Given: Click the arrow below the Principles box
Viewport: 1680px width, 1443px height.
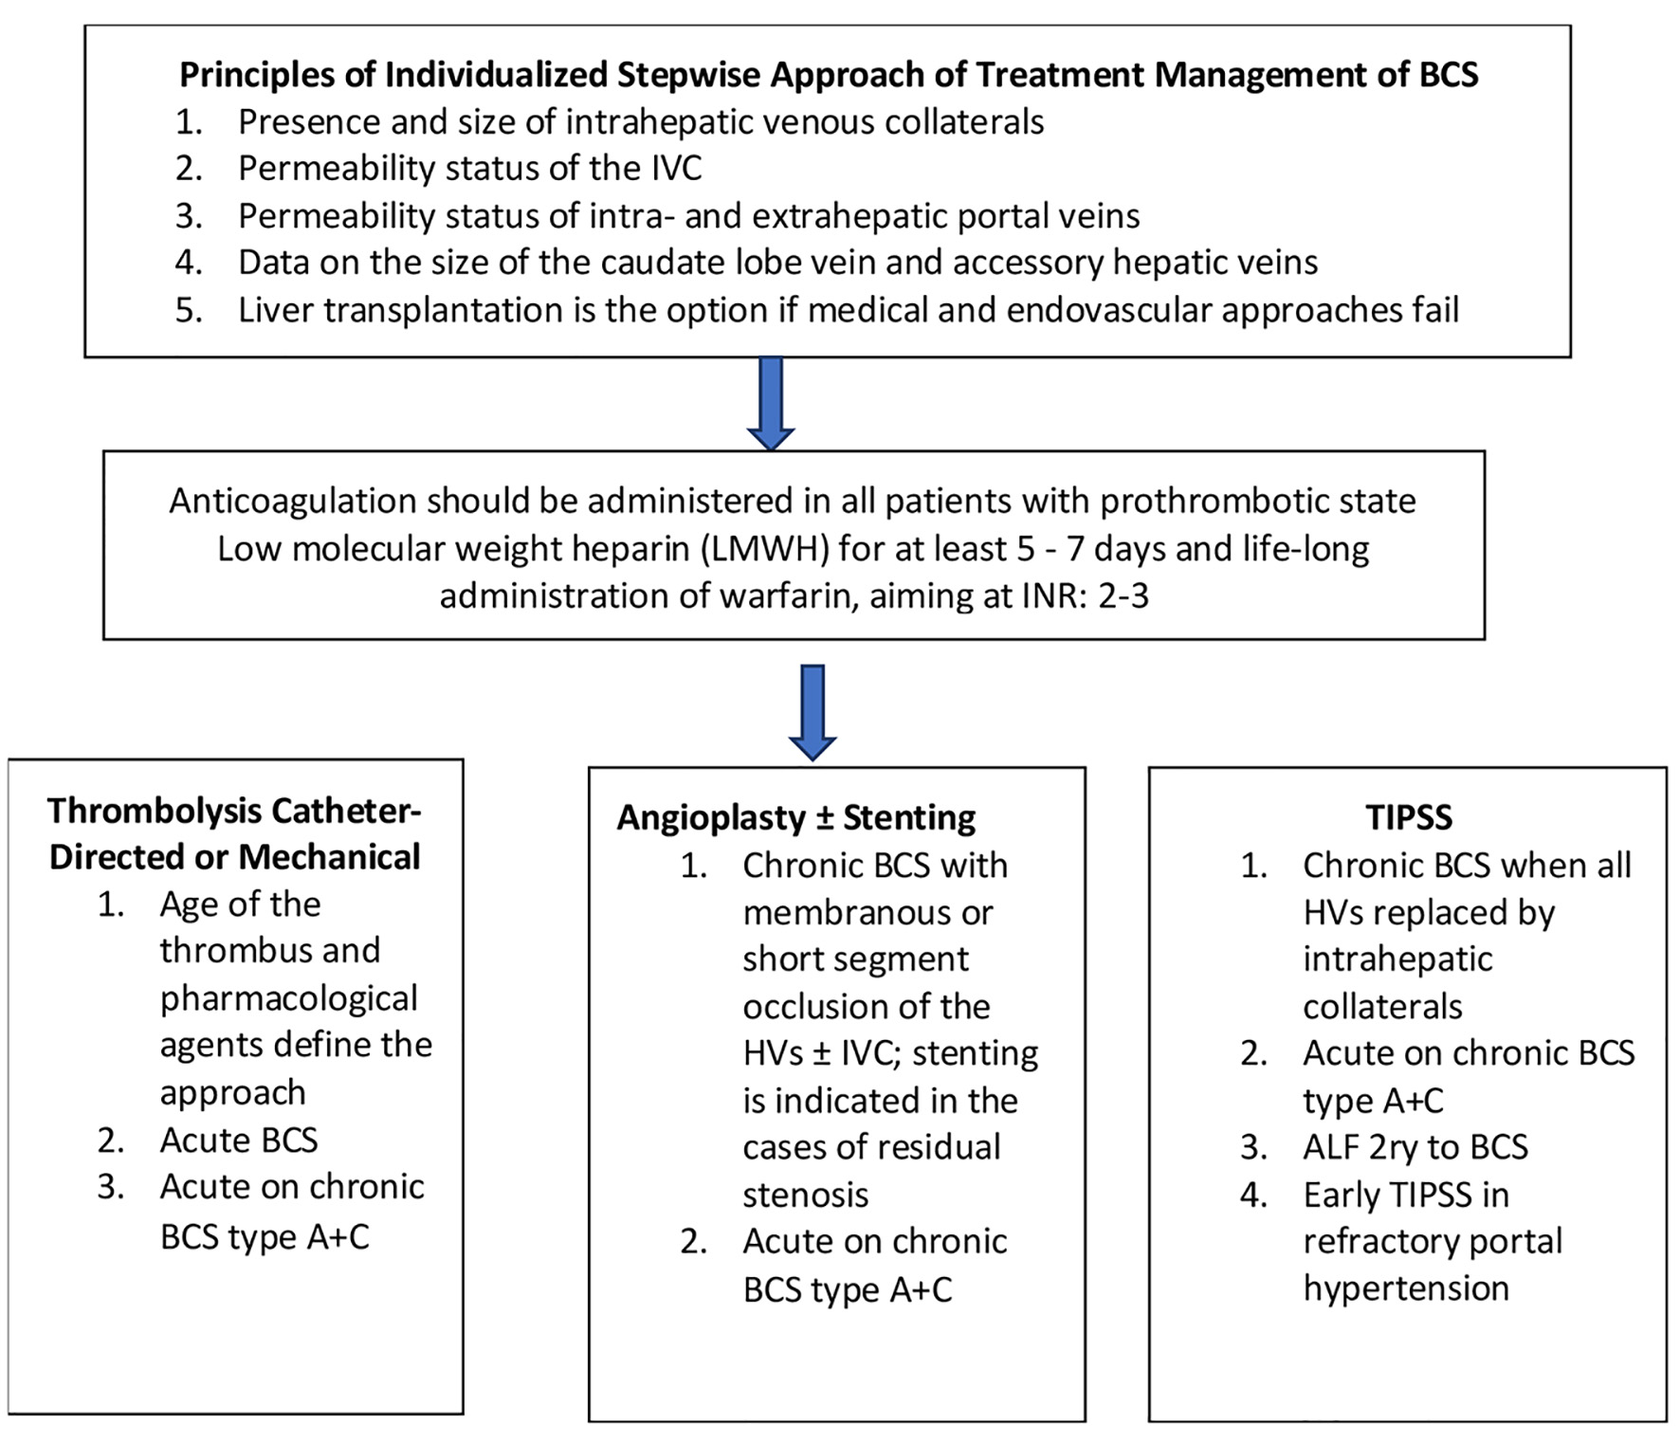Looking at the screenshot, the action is [771, 403].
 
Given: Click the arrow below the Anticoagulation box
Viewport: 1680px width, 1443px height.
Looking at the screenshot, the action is [813, 712].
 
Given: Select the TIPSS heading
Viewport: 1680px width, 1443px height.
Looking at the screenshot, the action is [1409, 817].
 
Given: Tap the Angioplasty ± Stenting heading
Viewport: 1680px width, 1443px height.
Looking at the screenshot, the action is [796, 817].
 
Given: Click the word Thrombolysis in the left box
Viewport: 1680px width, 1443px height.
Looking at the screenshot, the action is [155, 812].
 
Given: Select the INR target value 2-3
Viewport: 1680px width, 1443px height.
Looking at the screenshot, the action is [1123, 596].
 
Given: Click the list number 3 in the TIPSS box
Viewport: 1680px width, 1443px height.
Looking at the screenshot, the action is [1253, 1148].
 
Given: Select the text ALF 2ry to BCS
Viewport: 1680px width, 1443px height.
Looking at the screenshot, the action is [1415, 1148].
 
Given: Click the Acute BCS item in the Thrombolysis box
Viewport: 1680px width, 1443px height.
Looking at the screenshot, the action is [239, 1141].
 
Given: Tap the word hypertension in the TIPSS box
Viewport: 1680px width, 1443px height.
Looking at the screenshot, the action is [1406, 1289].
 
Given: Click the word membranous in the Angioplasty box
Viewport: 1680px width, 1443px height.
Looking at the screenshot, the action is [867, 913].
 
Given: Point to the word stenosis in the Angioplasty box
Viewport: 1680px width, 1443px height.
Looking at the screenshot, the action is [806, 1196].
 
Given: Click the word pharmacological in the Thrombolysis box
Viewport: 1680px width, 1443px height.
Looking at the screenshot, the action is [288, 999].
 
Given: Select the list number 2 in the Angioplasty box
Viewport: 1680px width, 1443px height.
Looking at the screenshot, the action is [693, 1242].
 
